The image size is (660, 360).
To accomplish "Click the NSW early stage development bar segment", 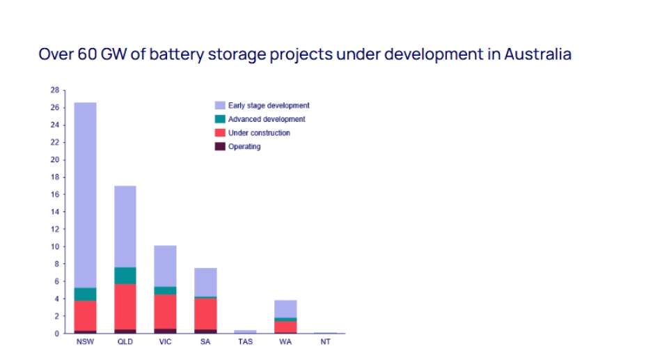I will [86, 195].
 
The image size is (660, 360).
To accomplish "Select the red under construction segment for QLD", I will [125, 306].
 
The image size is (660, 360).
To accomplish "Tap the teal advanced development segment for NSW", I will [86, 294].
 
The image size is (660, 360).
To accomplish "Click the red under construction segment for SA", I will [205, 313].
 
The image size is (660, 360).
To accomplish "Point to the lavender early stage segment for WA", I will [285, 308].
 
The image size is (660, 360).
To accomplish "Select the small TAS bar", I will [245, 331].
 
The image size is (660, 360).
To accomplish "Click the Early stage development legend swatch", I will [220, 106].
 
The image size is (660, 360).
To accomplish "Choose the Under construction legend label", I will [259, 133].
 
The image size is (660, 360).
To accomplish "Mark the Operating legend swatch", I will [220, 146].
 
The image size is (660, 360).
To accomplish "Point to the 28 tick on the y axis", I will [54, 91].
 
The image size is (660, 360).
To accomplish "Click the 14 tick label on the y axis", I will [54, 212].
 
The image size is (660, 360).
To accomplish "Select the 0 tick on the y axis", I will [56, 334].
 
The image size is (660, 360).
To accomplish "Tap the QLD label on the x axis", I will [125, 342].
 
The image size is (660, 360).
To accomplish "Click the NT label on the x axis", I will [325, 342].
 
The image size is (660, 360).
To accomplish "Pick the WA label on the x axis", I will [285, 342].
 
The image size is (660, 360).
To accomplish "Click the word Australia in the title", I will [537, 54].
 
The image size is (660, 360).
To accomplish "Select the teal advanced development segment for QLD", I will [125, 276].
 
